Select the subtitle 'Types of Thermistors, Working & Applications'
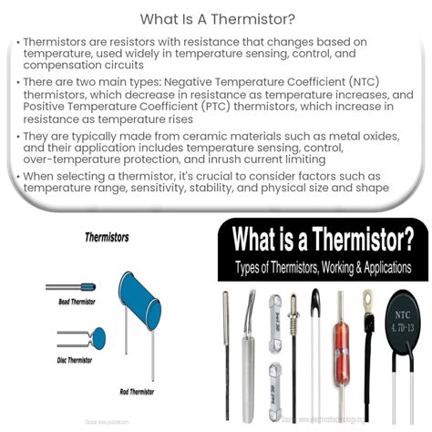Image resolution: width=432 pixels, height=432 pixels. [324, 269]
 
